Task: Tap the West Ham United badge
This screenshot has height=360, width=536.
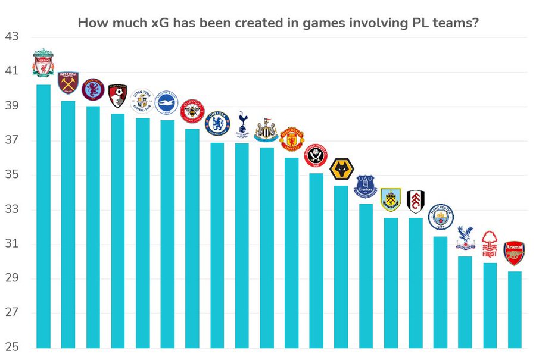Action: (68, 83)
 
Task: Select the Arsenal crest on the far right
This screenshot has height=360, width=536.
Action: (515, 253)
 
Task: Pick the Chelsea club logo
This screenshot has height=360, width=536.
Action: (217, 124)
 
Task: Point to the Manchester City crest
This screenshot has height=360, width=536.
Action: (441, 217)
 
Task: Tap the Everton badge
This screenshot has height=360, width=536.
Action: (366, 186)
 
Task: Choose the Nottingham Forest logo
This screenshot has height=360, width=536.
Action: (490, 244)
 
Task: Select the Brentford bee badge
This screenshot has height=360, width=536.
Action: (192, 111)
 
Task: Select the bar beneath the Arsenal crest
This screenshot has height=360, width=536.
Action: (515, 309)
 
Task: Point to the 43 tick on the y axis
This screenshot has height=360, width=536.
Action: (11, 37)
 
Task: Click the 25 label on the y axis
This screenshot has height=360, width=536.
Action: (11, 348)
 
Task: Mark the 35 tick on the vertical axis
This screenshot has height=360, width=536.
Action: (11, 175)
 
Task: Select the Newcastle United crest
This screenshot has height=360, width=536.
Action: (266, 129)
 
